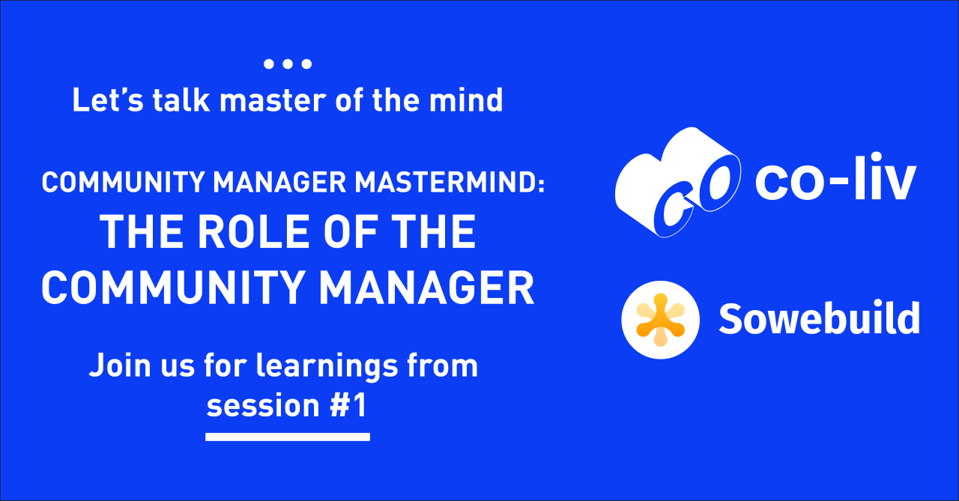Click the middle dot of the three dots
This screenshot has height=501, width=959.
[288, 64]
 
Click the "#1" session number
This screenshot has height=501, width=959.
[349, 406]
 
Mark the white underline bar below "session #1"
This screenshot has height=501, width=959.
[288, 436]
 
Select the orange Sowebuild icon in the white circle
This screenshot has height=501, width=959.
[660, 320]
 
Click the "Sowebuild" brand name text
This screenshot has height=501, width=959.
[819, 320]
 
